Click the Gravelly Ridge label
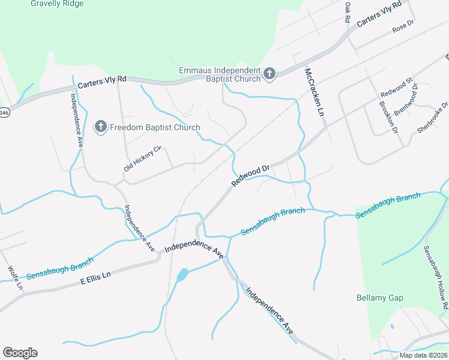click(58, 4)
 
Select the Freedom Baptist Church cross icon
click(101, 127)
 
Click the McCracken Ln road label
click(314, 92)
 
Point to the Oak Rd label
click(347, 12)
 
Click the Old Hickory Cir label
click(143, 158)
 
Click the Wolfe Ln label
click(16, 277)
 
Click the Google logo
click(20, 353)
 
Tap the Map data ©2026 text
click(424, 355)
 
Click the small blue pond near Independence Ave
click(182, 275)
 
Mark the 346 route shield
click(4, 112)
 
